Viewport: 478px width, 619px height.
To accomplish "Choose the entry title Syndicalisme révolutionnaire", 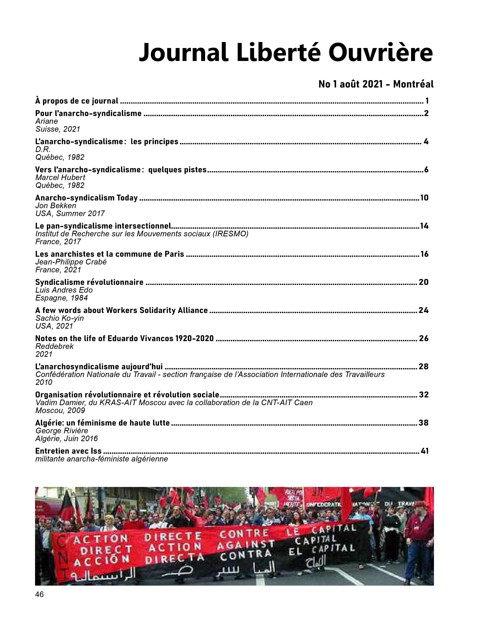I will [89, 282].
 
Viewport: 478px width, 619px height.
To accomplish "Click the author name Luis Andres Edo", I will [64, 290].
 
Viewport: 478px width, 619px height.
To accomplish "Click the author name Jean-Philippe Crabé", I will [71, 262].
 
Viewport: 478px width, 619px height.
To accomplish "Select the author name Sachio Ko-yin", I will [59, 318].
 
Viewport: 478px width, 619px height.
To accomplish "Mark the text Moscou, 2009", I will [60, 410].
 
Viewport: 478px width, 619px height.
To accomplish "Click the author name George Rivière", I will [61, 431].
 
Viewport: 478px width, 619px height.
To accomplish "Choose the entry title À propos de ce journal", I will [77, 101].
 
